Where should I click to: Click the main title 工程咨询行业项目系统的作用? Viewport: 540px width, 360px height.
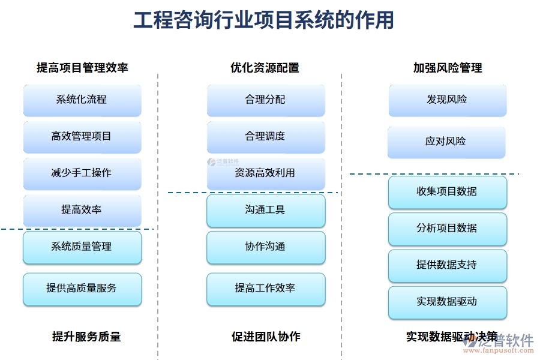(263, 20)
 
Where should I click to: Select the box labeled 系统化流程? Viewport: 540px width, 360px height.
(82, 100)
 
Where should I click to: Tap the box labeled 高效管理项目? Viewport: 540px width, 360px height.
(82, 137)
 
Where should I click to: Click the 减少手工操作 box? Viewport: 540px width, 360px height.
(82, 173)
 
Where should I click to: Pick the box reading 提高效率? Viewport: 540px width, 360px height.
(82, 210)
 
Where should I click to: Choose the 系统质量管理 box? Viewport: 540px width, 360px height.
(82, 247)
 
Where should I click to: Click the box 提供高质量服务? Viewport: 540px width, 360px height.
(82, 289)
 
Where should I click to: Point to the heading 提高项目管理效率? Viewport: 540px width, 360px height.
(82, 68)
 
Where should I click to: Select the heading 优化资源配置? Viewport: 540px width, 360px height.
(265, 68)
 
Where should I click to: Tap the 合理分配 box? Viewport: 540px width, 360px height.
(266, 100)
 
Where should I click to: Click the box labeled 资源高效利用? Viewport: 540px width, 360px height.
(266, 173)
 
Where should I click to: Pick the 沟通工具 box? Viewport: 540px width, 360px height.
(266, 210)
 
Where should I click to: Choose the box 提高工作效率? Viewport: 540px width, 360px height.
(266, 289)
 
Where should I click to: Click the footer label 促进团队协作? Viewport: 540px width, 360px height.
(266, 337)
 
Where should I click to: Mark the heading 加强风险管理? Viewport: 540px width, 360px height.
(447, 68)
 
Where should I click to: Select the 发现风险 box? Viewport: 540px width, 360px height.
(447, 100)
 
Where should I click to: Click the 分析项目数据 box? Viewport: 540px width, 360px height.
(447, 229)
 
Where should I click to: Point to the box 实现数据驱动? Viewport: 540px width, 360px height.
(447, 302)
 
